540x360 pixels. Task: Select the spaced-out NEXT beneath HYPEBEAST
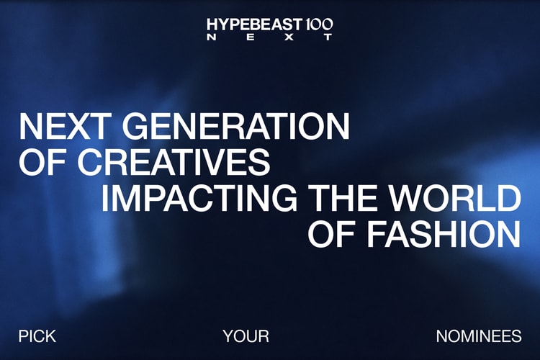click(270, 38)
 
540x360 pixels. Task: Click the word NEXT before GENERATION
click(66, 127)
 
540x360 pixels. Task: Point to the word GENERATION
click(235, 127)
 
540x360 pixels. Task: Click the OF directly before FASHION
click(332, 233)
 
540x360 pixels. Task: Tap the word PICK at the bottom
click(37, 336)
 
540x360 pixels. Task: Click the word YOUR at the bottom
click(246, 336)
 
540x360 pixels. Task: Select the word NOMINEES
click(478, 336)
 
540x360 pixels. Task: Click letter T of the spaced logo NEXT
click(328, 38)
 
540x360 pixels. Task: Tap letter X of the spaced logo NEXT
click(289, 38)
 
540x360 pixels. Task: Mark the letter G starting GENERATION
click(137, 127)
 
